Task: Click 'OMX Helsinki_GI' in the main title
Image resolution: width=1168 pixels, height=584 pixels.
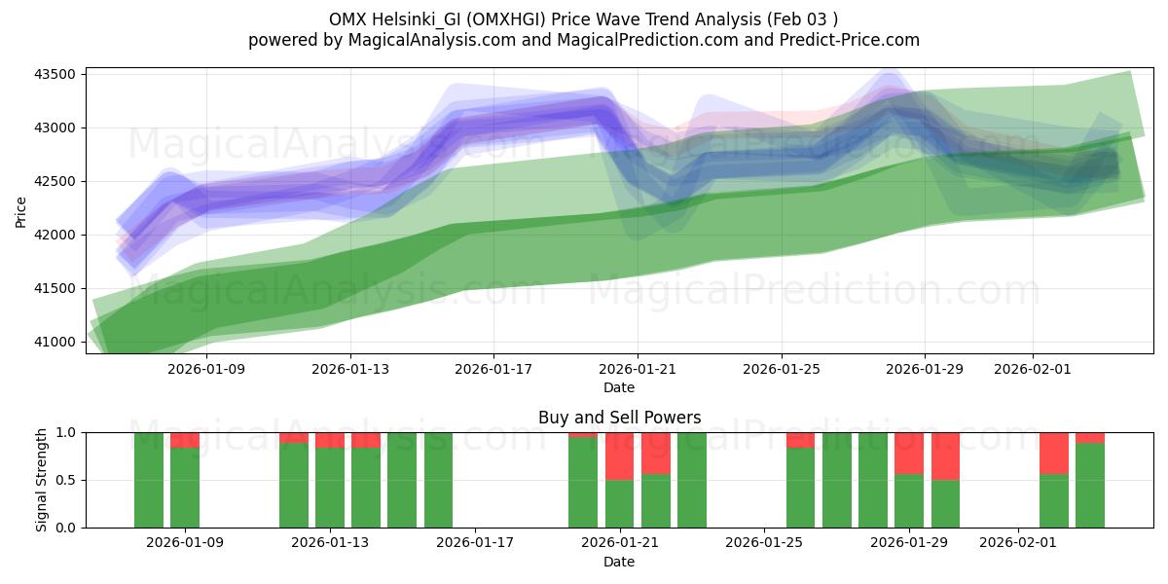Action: coord(387,18)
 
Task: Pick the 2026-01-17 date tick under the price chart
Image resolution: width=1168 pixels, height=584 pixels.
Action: coord(493,369)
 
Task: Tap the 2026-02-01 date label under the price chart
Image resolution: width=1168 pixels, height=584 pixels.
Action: coord(1033,369)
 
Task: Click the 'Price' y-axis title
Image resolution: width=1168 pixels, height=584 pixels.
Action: coord(21,210)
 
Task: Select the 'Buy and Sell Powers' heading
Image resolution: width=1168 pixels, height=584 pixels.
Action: coord(619,418)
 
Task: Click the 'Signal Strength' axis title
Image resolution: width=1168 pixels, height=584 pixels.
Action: coord(41,480)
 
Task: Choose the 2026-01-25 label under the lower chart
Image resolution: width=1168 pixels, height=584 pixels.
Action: coord(764,543)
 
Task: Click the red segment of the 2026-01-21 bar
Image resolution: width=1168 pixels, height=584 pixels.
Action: coord(619,456)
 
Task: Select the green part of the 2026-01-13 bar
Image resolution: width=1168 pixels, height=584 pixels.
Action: coord(330,488)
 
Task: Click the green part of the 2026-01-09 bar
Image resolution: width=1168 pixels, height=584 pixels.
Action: coord(185,488)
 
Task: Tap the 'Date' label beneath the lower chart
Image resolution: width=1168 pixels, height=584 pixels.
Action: coord(619,562)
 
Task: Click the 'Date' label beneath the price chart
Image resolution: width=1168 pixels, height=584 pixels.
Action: coord(619,387)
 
